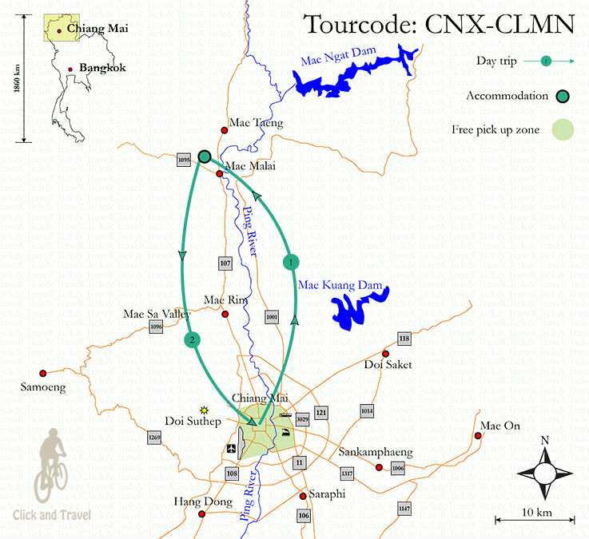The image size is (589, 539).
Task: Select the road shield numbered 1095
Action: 184,161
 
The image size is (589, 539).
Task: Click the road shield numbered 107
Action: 225,263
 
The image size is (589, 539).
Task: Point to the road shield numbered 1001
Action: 271,317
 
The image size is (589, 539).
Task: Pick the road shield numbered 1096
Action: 156,326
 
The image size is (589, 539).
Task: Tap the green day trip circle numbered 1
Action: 292,261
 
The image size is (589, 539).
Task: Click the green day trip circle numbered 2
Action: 192,340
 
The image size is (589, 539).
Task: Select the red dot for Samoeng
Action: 44,372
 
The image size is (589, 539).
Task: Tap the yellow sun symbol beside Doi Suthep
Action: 205,409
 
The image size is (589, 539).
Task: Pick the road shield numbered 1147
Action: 404,508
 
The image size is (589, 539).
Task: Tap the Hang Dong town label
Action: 203,502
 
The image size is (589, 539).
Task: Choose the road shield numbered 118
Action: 404,339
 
